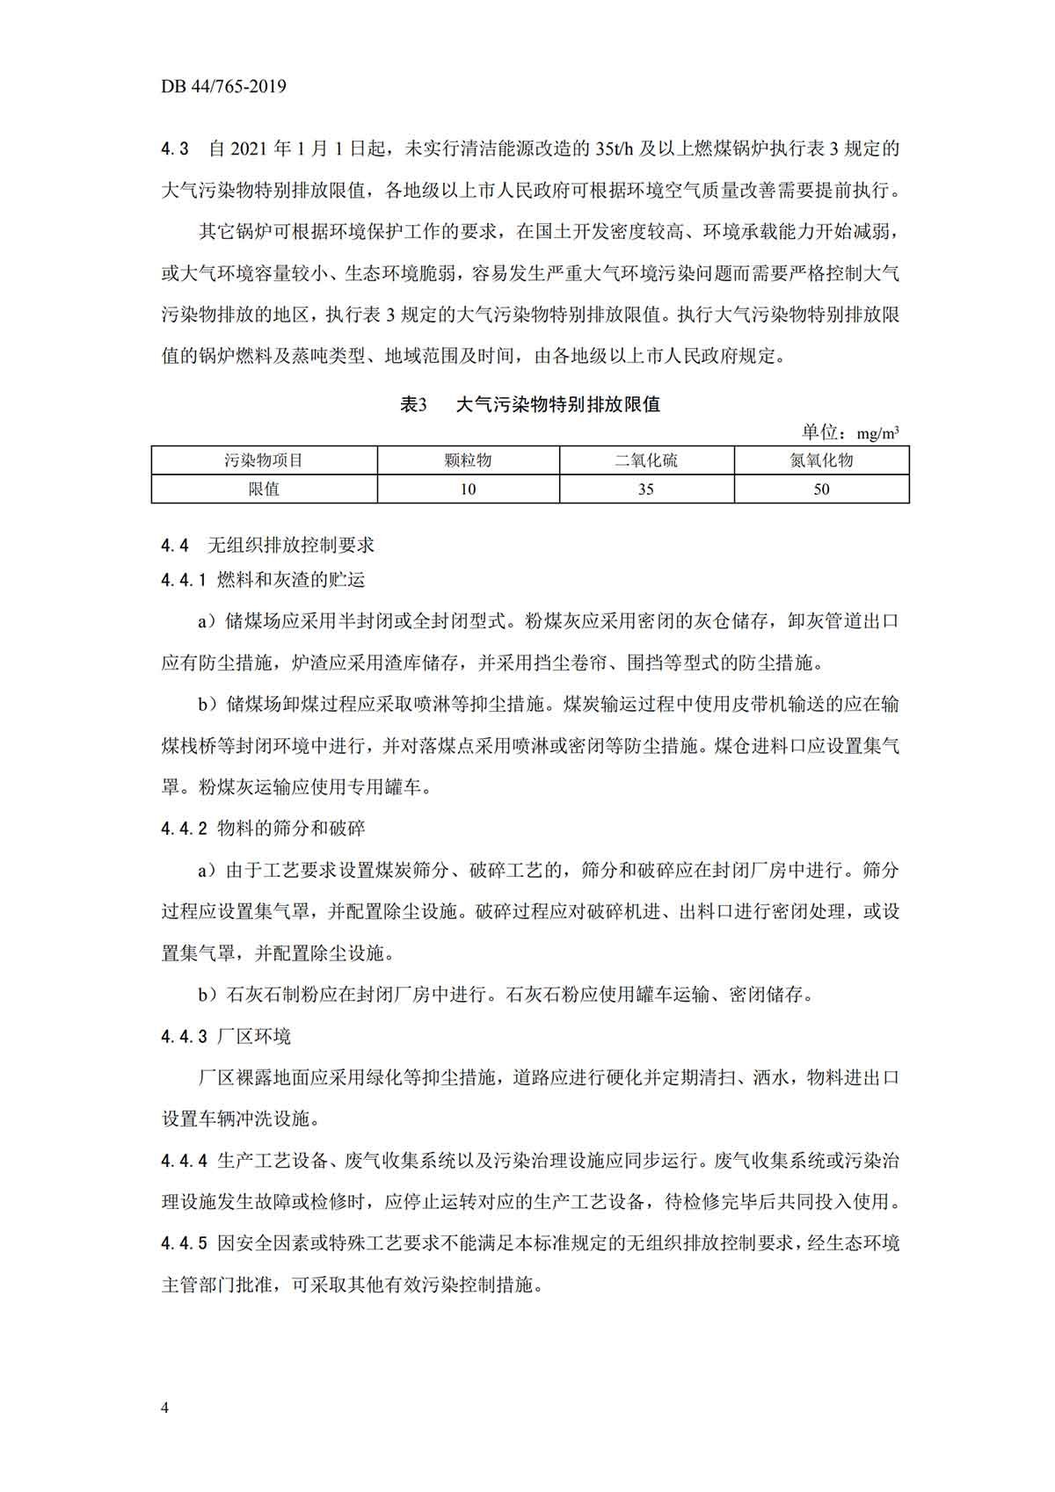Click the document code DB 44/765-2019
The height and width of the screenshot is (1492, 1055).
coord(223,86)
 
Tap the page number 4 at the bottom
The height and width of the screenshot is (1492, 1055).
coord(165,1408)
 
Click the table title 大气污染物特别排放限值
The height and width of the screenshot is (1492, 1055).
coord(558,404)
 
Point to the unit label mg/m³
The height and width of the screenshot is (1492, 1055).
coord(877,433)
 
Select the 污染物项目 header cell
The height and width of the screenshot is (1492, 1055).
coord(264,460)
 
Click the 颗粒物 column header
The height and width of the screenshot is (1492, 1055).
coord(468,460)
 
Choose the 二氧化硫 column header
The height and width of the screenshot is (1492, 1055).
coord(646,460)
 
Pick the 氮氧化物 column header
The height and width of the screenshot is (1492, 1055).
coord(821,460)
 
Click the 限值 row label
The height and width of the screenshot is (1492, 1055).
coord(264,489)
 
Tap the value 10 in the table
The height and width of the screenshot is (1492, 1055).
coord(468,489)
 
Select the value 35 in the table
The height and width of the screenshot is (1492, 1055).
coord(646,489)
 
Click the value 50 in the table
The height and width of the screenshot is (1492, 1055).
coord(821,489)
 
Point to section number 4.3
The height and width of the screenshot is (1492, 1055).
coord(175,148)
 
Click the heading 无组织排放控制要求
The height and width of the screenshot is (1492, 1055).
coord(291,545)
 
